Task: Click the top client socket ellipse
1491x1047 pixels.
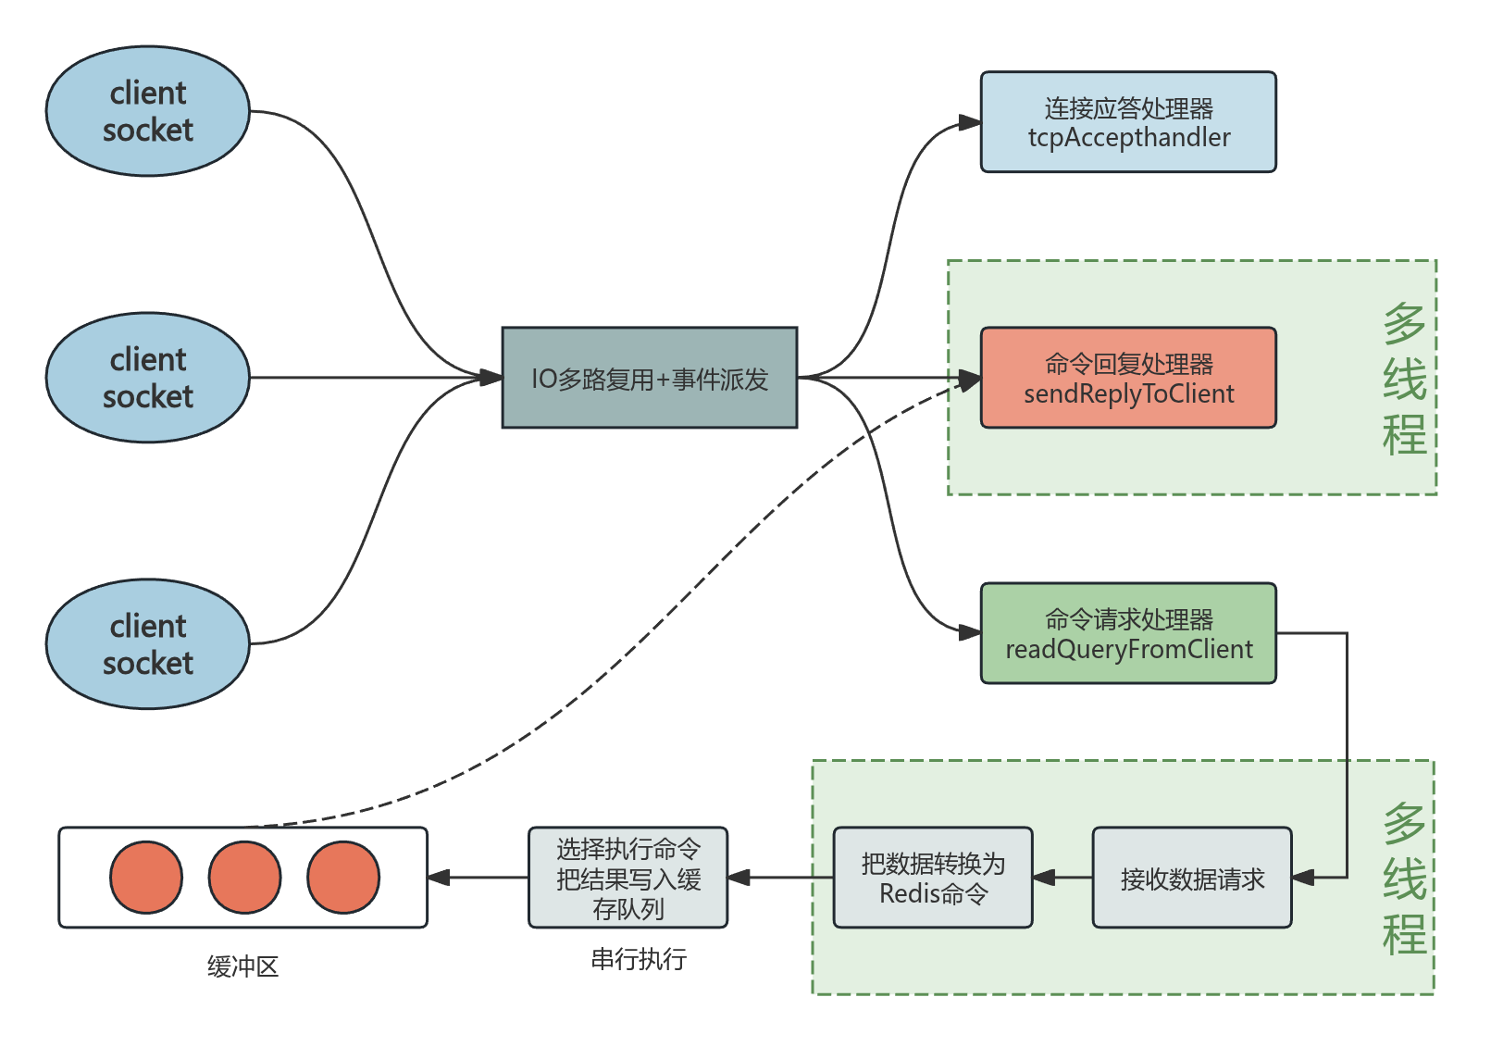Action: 148,111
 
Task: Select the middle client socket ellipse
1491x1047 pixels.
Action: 148,378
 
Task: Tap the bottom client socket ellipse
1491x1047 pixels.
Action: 148,644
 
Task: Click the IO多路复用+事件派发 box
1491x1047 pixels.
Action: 650,378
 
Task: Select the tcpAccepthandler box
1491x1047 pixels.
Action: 1128,122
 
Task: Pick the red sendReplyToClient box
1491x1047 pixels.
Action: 1128,378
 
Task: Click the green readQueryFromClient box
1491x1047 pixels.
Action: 1128,633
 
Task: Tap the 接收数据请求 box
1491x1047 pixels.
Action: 1192,878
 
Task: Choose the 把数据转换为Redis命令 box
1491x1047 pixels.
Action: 933,878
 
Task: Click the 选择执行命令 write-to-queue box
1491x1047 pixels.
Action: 628,878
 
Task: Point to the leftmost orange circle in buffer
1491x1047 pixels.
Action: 146,877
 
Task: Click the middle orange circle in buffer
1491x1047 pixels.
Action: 244,877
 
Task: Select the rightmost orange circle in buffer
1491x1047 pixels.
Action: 343,877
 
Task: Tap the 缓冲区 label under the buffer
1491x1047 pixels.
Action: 242,966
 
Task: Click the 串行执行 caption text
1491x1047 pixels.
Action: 639,959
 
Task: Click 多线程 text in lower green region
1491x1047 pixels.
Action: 1404,878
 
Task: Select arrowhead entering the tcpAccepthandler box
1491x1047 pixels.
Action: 969,123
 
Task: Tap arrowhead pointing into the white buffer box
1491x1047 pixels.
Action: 440,878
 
